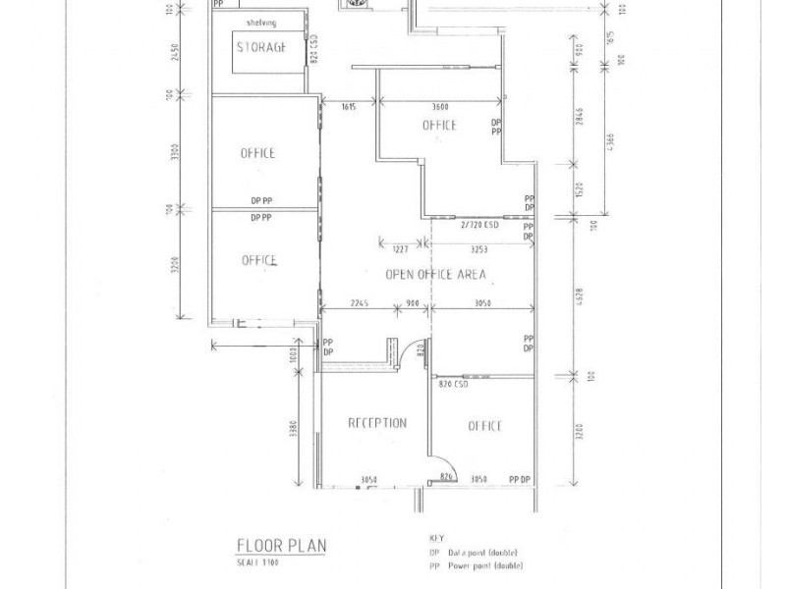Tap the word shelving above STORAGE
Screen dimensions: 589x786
tap(261, 22)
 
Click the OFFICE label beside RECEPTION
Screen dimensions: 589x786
tap(484, 426)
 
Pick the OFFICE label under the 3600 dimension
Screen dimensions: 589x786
tap(439, 125)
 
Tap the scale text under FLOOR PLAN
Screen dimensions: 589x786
tap(257, 562)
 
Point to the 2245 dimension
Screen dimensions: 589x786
tap(355, 303)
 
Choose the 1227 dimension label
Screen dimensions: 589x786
tap(402, 248)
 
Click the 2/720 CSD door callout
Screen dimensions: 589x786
tap(479, 225)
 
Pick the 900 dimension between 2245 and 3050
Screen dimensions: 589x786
tap(413, 303)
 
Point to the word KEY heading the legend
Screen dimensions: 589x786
tap(438, 539)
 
